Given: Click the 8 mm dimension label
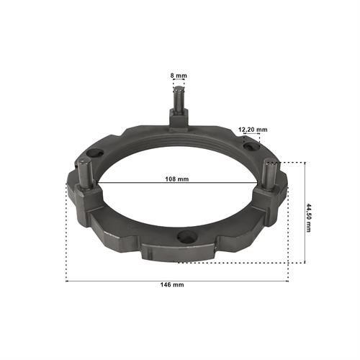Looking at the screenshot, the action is coord(179,76).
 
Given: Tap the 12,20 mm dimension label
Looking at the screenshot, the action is coord(253,130).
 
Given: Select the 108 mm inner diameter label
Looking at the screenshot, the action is coord(177,179).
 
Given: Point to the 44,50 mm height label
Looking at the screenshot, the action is coord(308,217).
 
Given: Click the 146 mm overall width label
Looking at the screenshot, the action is coord(172,284).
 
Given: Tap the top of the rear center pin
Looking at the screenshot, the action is coord(179,89).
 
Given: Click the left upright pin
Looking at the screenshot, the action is coord(85,173).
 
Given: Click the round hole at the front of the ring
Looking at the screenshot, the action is coord(187,236).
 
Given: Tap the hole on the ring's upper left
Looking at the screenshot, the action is coord(95,153).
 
